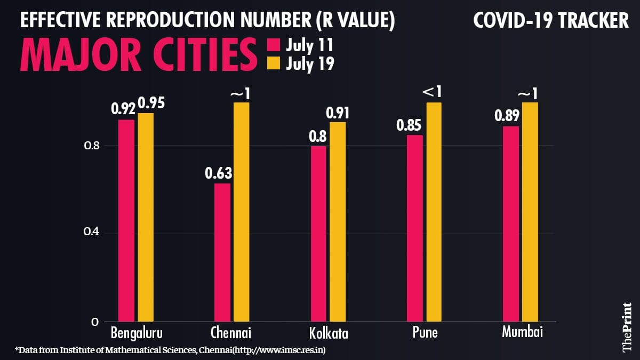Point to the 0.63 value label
point(219,173)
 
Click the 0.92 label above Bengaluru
point(123,109)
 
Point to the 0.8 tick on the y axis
point(92,146)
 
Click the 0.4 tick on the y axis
point(92,233)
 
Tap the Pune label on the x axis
point(425,333)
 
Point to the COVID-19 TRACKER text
point(551,21)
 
